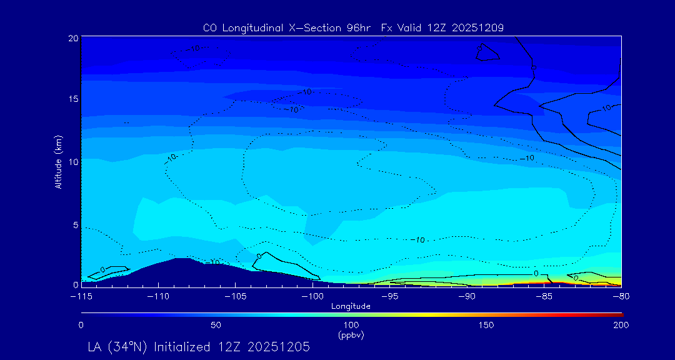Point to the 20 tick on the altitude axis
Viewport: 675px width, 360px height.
click(x=73, y=38)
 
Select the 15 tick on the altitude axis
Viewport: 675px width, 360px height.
click(x=73, y=99)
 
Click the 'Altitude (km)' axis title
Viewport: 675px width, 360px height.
click(x=58, y=162)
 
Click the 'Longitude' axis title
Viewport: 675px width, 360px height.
click(x=351, y=306)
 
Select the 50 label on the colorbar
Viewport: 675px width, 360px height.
click(x=216, y=325)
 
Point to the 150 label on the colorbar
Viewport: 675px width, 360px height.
click(x=486, y=325)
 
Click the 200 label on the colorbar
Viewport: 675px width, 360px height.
click(x=621, y=325)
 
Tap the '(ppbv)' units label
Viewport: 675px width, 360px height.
click(x=351, y=335)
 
